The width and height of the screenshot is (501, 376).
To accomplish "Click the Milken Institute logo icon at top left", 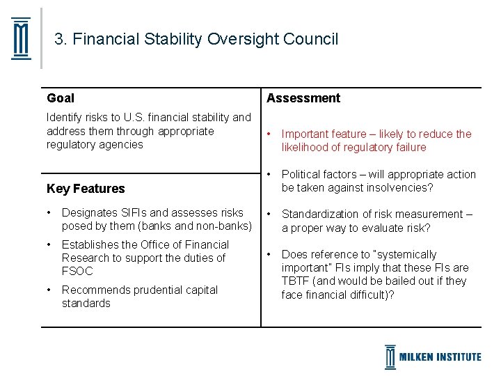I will coord(22,38).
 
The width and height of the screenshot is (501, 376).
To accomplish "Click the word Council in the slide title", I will coord(310,39).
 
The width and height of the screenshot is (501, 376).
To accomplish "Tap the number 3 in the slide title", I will coord(59,39).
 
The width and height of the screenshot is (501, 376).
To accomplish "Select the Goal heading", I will coord(61,98).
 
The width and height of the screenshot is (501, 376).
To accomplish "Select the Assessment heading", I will coord(303,98).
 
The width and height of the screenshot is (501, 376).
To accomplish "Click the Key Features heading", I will coord(86,188).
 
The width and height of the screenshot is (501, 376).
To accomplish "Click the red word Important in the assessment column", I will coord(305,134).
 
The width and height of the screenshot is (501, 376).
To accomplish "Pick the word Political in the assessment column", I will coord(302,174).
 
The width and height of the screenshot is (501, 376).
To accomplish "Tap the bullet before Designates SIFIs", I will coord(49,212).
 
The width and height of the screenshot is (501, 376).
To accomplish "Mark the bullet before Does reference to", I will coord(269,254).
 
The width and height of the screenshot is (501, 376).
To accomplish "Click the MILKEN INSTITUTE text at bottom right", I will coord(440,357).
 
